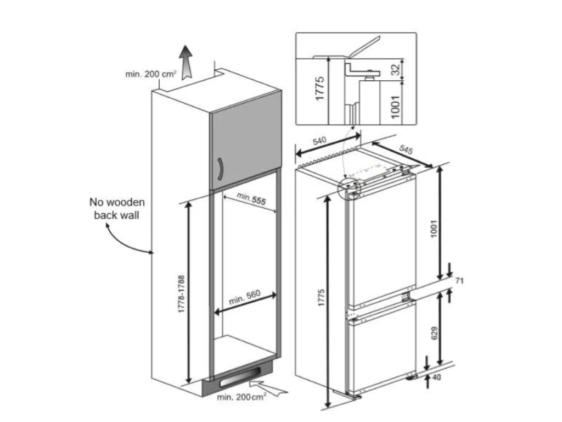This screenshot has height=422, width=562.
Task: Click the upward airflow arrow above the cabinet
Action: (187, 62)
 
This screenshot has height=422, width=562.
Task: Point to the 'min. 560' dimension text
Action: (244, 298)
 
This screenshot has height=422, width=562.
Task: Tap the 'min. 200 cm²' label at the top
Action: (150, 75)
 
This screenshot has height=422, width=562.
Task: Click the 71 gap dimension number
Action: (460, 281)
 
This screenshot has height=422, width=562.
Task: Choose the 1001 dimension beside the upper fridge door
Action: (433, 231)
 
